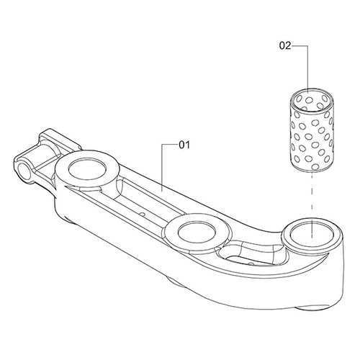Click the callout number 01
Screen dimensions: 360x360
(184, 145)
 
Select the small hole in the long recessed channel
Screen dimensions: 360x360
(144, 214)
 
